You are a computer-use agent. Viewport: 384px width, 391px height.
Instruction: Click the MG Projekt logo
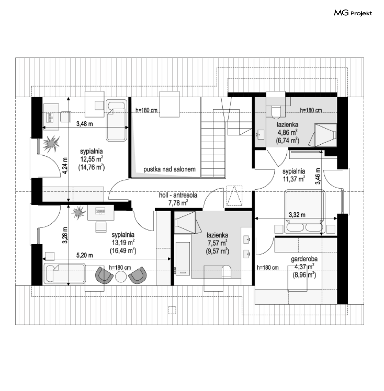coord(353,13)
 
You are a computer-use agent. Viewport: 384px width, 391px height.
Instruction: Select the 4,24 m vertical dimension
coord(65,166)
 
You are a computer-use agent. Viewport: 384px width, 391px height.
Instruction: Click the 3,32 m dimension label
coord(297,215)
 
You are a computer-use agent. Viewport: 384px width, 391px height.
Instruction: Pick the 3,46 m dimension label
coord(318,176)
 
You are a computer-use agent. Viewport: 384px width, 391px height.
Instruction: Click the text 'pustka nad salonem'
coord(169,170)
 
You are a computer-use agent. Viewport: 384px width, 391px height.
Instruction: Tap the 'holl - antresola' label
coord(178,195)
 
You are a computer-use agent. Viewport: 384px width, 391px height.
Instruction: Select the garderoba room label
coord(304,259)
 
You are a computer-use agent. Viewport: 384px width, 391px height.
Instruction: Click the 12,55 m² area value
coord(91,159)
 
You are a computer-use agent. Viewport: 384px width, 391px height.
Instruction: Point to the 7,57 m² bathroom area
coord(217,243)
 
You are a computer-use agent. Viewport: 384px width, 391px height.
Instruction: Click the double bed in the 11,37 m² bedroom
coord(304,211)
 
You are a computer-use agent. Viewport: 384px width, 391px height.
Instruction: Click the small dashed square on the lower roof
coord(172,310)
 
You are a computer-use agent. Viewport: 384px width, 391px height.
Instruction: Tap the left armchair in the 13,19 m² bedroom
coord(104,275)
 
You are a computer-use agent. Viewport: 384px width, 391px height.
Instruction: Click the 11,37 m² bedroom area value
coord(294,179)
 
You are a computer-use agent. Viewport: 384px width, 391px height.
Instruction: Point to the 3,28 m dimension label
coord(65,235)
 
